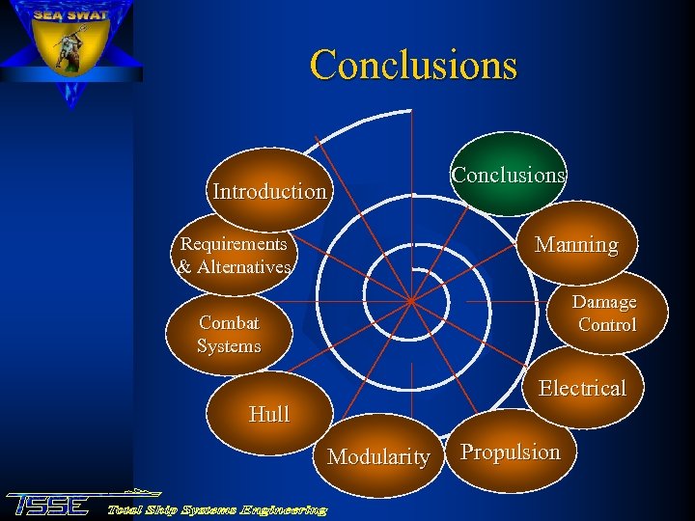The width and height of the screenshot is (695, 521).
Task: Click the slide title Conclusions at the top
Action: tap(413, 66)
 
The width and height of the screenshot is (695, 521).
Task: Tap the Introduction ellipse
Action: tap(269, 191)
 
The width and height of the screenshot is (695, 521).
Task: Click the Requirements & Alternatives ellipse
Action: tap(234, 256)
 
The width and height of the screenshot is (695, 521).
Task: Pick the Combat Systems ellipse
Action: tap(229, 335)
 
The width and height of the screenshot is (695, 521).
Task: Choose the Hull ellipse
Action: tap(269, 415)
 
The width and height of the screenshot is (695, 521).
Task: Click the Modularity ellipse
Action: tap(378, 456)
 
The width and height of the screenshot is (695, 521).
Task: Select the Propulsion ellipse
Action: tap(510, 452)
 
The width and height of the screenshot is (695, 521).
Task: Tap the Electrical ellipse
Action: tap(582, 388)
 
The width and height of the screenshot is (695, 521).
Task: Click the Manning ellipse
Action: tap(576, 244)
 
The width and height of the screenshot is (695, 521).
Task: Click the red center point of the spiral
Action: tap(410, 301)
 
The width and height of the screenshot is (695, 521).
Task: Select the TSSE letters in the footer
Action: tap(48, 505)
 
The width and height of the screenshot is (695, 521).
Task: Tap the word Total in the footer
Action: tap(125, 509)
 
